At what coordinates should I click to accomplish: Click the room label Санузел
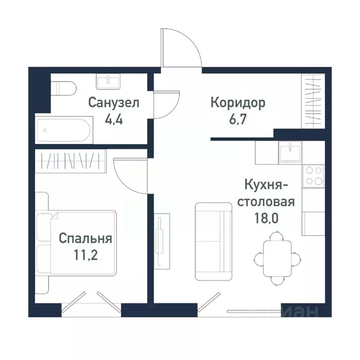point(114,102)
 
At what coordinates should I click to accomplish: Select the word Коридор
point(238,102)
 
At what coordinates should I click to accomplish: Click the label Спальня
point(85,239)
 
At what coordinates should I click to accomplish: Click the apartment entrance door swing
point(180,47)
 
